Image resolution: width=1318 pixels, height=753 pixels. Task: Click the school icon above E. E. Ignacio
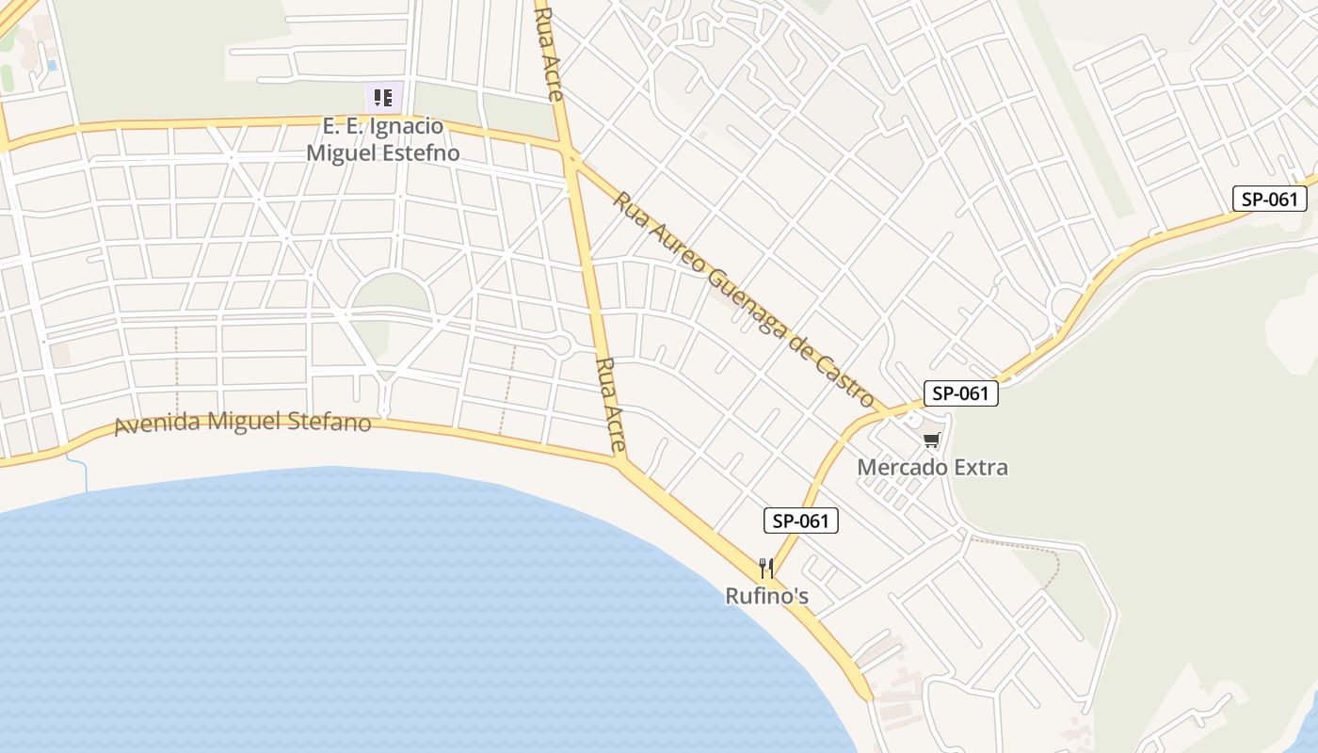(x=383, y=97)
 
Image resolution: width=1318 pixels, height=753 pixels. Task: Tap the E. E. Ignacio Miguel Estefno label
(x=383, y=139)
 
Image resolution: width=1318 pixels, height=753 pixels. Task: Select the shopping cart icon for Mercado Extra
(x=932, y=441)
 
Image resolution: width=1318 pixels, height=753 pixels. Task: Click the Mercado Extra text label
(x=932, y=467)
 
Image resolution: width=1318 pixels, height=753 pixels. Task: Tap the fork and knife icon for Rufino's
(x=766, y=569)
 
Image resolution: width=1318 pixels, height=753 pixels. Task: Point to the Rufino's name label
(x=766, y=596)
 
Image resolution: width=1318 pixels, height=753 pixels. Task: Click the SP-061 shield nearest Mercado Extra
(x=960, y=393)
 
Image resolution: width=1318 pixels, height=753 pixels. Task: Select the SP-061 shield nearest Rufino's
(x=800, y=521)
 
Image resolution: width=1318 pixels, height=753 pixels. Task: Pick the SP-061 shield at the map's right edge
(x=1270, y=199)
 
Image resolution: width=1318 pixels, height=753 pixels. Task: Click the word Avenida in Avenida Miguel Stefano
(x=157, y=425)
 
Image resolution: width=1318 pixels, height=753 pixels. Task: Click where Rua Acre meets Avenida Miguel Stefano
(x=620, y=461)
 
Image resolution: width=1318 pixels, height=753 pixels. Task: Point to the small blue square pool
(x=51, y=65)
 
